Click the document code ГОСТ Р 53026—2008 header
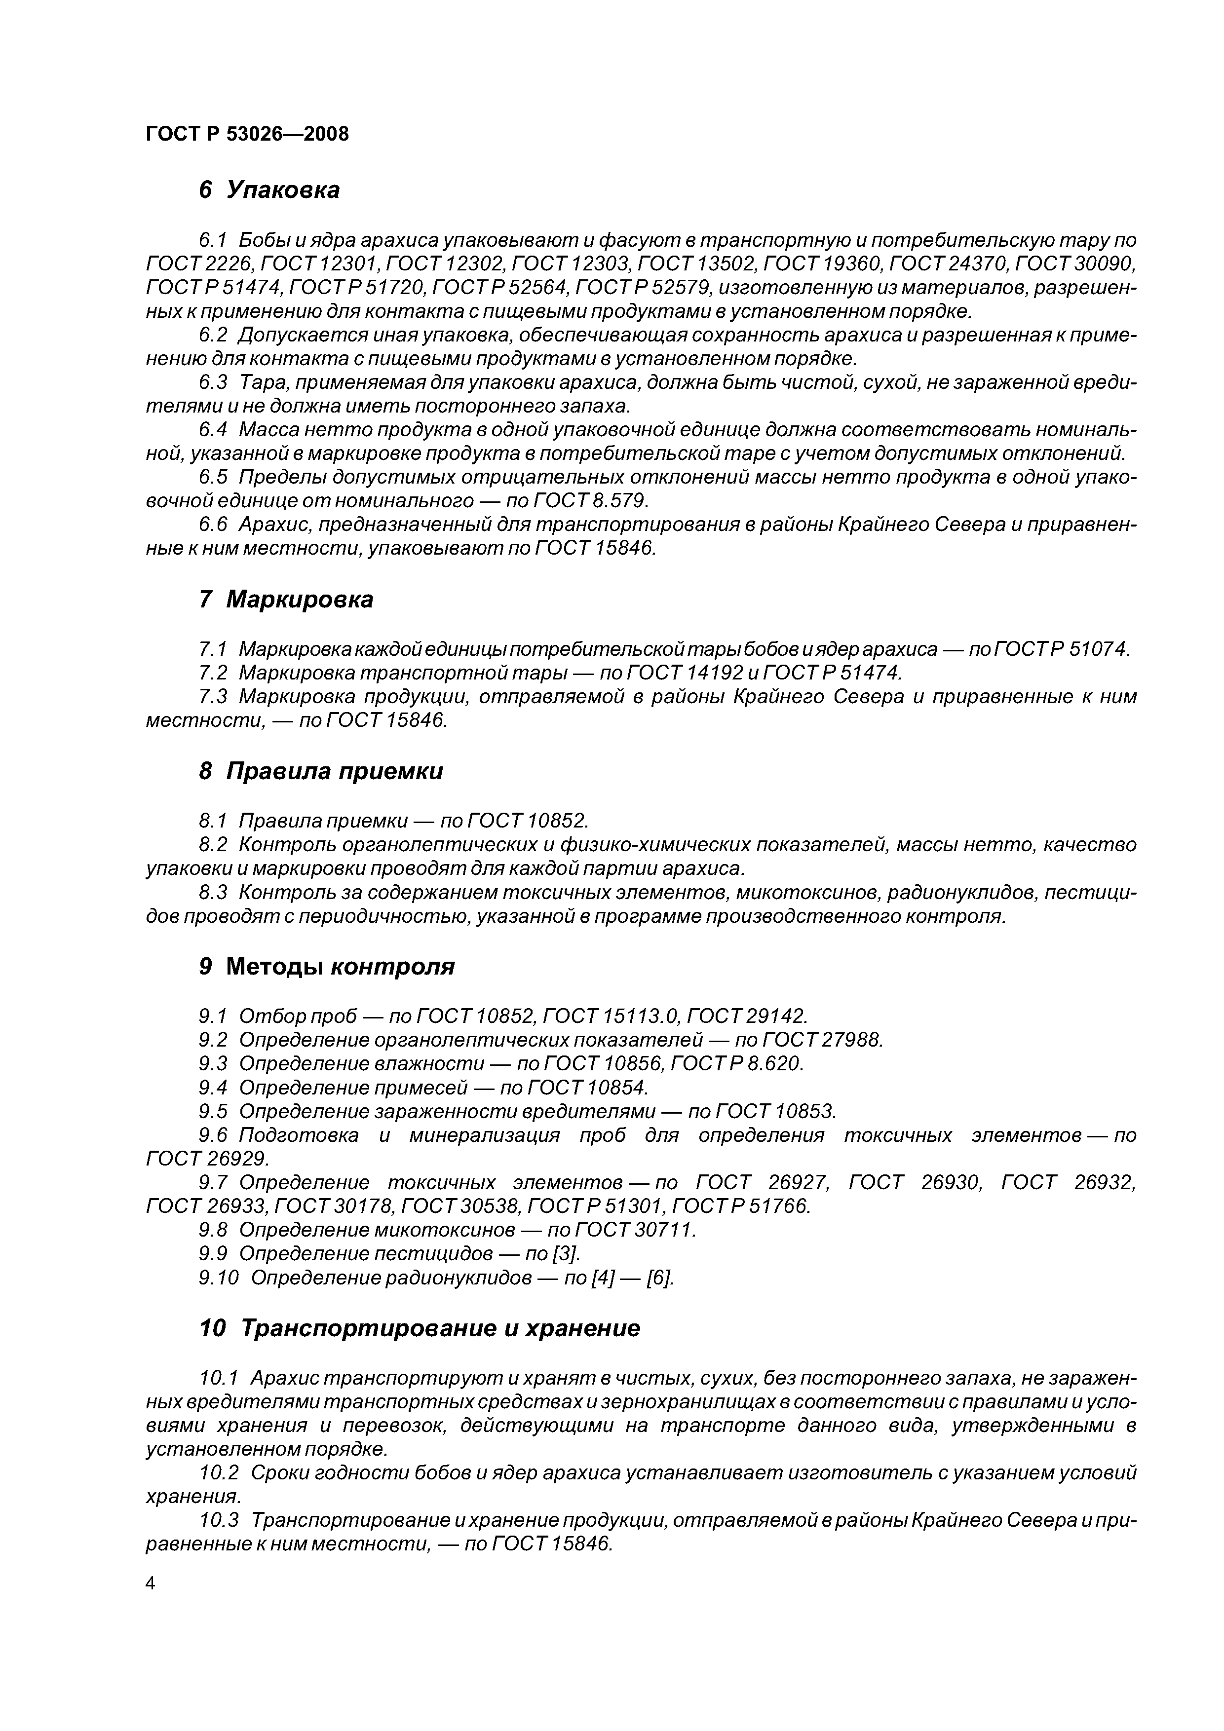point(247,134)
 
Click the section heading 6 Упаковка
point(268,190)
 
